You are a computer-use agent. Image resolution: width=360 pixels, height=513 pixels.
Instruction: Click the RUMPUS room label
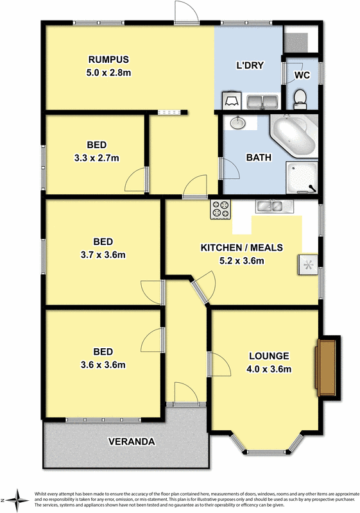tap(110, 60)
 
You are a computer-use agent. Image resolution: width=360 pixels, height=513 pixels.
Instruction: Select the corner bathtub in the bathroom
tap(293, 135)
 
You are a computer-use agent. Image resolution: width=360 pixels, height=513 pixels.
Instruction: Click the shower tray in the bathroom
tap(301, 177)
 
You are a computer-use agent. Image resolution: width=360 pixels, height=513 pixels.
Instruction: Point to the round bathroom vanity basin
tap(237, 122)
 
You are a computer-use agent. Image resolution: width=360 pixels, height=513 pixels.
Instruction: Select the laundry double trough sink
tap(262, 101)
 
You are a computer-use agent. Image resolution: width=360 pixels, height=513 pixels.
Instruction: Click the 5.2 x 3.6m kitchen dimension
tap(242, 260)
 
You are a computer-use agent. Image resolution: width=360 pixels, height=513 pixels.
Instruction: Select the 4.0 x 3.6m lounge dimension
tap(269, 369)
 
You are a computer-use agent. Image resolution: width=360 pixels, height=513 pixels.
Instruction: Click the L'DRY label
tap(251, 66)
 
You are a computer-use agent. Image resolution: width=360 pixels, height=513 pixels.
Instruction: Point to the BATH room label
tap(259, 157)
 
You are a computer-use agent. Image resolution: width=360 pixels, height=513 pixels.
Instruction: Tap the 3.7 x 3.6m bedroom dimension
tap(103, 255)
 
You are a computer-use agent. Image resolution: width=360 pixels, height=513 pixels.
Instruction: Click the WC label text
tap(302, 75)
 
